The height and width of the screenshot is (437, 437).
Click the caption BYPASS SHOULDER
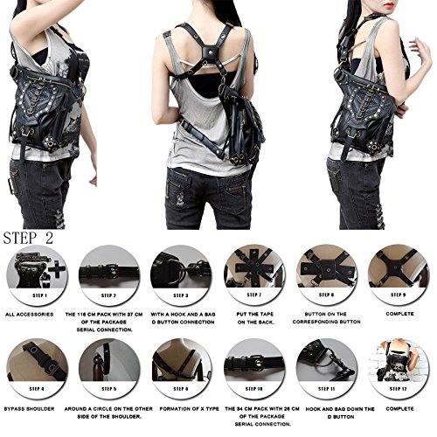(31, 409)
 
